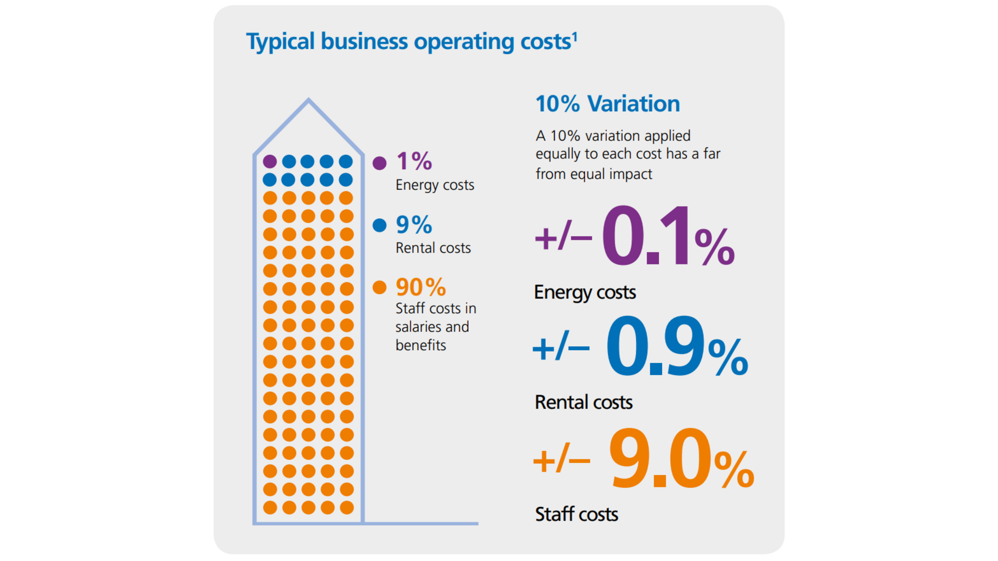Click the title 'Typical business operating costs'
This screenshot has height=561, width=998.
point(409,42)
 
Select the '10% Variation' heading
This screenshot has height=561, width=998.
point(608,104)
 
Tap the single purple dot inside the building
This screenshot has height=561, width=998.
point(270,162)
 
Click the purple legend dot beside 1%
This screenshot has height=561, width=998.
point(379,163)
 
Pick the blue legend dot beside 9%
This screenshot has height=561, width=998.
point(379,225)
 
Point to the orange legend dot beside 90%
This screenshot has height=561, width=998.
point(379,287)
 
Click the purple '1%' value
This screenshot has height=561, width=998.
point(414,161)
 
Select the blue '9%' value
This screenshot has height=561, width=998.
point(414,225)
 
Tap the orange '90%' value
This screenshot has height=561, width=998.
point(421,287)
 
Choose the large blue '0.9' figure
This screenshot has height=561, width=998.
point(655,347)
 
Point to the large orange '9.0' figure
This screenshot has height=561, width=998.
point(660,459)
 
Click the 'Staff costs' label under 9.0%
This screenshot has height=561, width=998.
point(576,514)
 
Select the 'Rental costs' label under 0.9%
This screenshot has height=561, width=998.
point(583,403)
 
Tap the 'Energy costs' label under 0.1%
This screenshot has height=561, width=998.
point(585,292)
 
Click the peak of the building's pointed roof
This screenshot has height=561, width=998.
point(309,100)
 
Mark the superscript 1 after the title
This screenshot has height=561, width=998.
point(574,37)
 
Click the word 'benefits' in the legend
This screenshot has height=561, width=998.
point(421,345)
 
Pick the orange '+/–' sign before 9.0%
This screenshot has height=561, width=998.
point(561,459)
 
